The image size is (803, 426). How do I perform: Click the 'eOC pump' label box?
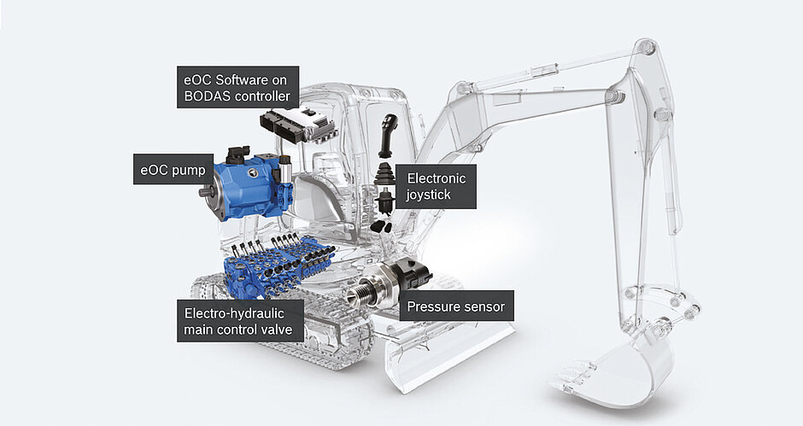(173, 169)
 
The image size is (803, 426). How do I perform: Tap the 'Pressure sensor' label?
(456, 306)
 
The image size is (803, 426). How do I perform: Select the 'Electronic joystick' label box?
(437, 186)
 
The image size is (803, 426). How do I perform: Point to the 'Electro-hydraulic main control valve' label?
(240, 321)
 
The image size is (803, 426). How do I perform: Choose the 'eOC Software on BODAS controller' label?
(237, 87)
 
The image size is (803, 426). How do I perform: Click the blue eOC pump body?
(249, 185)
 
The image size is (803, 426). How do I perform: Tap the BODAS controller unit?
(297, 125)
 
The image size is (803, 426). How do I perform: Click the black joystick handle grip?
(388, 135)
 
